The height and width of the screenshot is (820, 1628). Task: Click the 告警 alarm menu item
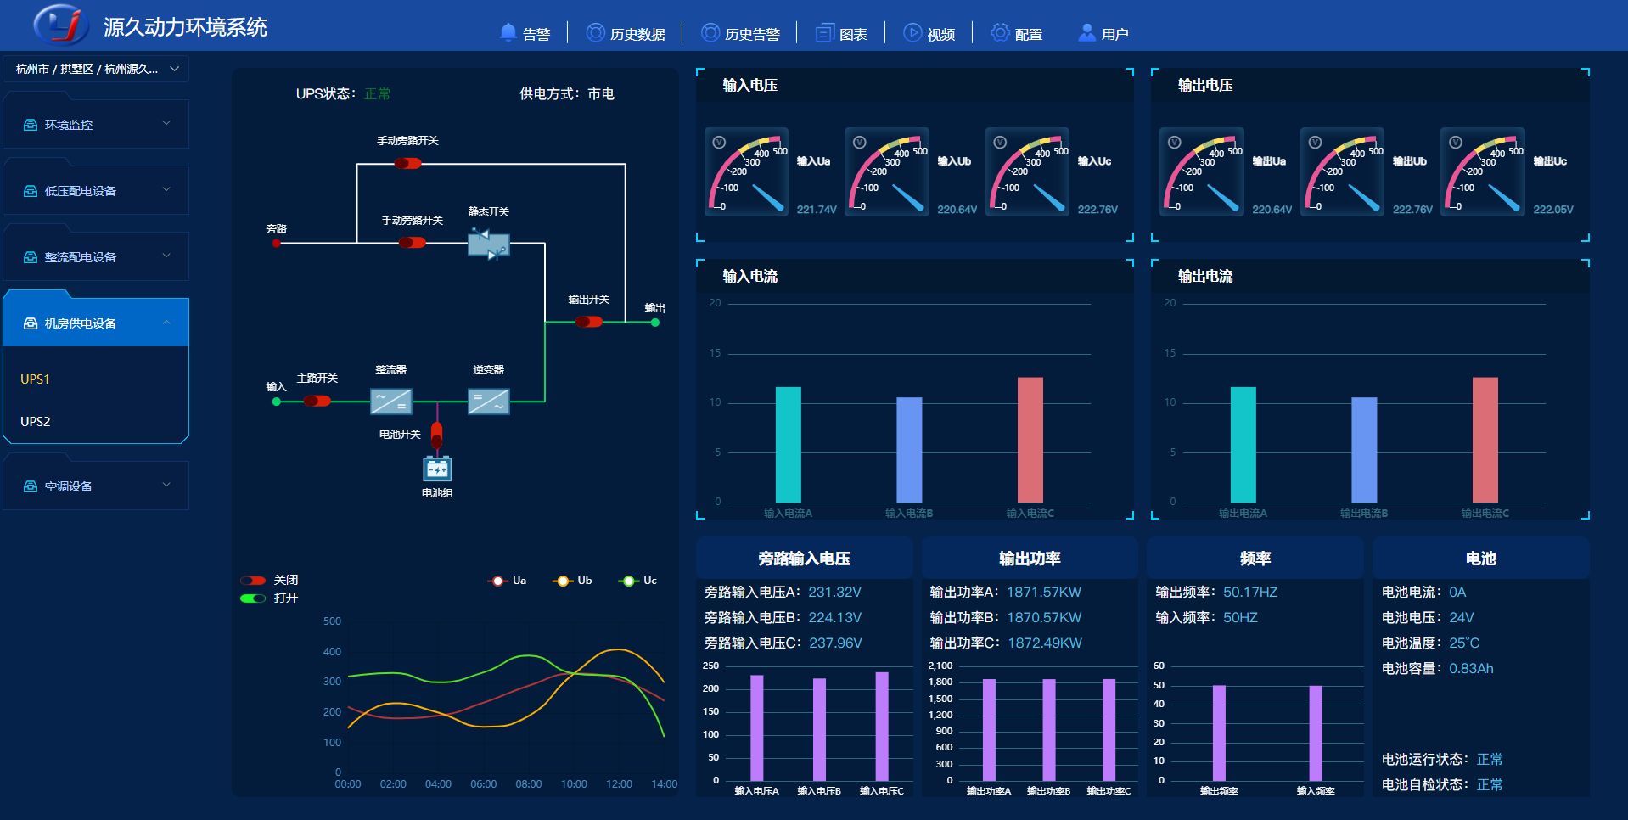pyautogui.click(x=525, y=34)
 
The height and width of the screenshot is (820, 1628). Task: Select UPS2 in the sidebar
pyautogui.click(x=36, y=421)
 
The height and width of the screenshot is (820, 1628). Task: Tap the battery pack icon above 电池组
pyautogui.click(x=437, y=469)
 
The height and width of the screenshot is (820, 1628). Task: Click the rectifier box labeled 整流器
pyautogui.click(x=390, y=401)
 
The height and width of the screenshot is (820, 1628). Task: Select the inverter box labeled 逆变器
pyautogui.click(x=488, y=401)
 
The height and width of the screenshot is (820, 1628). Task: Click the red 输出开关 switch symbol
pyautogui.click(x=588, y=322)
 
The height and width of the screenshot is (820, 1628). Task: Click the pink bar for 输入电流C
pyautogui.click(x=1030, y=440)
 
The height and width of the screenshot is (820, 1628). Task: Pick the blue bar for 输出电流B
pyautogui.click(x=1363, y=450)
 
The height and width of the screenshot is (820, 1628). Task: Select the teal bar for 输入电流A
pyautogui.click(x=788, y=445)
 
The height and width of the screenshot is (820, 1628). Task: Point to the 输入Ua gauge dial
pyautogui.click(x=746, y=172)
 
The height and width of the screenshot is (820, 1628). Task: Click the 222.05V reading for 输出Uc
pyautogui.click(x=1552, y=210)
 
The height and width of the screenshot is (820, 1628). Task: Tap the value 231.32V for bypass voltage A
pyautogui.click(x=834, y=592)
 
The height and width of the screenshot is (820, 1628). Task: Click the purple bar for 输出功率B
pyautogui.click(x=1048, y=729)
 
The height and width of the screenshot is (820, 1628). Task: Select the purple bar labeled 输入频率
pyautogui.click(x=1315, y=733)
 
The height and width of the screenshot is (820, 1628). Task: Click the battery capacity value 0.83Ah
pyautogui.click(x=1471, y=668)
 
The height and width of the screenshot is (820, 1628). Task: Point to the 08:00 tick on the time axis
pyautogui.click(x=528, y=783)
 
